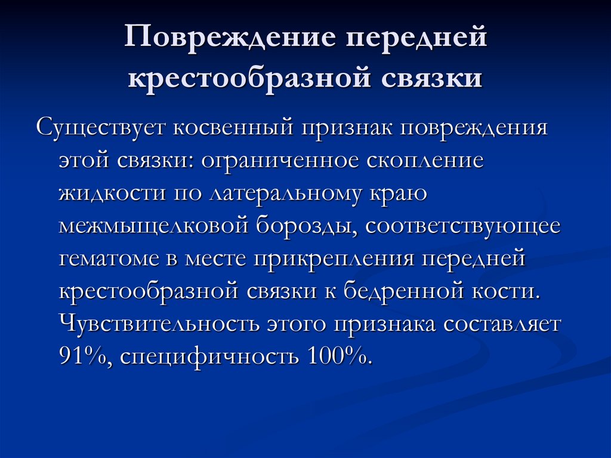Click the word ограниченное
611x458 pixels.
pyautogui.click(x=282, y=161)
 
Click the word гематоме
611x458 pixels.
pyautogui.click(x=107, y=260)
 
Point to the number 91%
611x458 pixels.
pyautogui.click(x=83, y=356)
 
